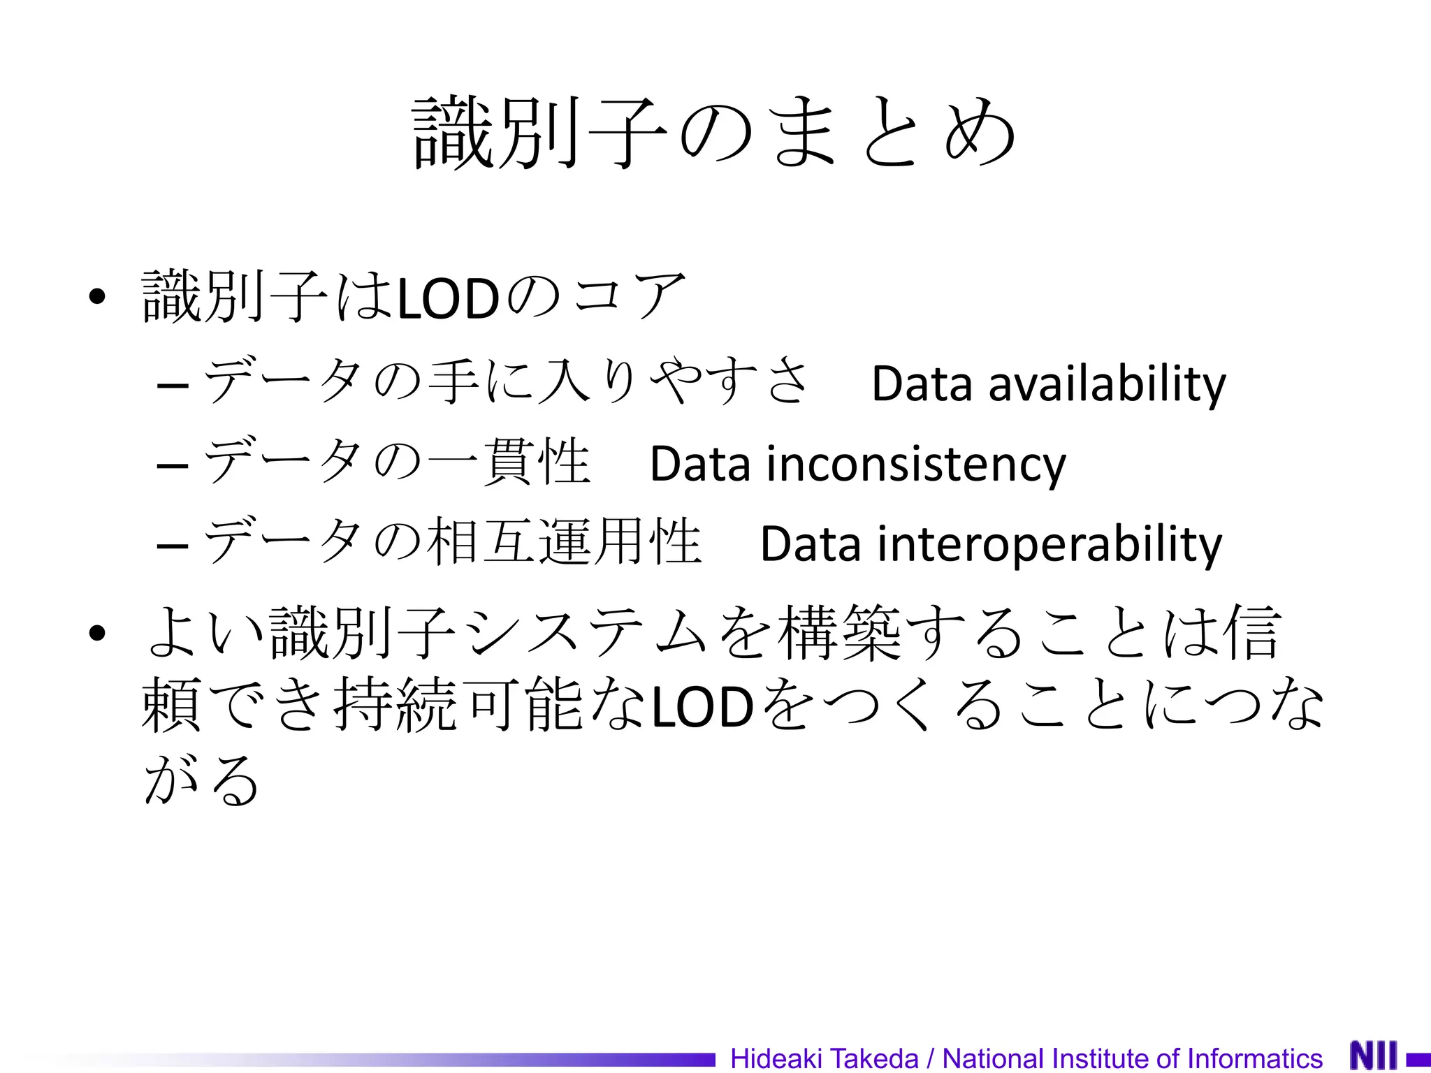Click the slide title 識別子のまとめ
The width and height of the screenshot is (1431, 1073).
pyautogui.click(x=714, y=133)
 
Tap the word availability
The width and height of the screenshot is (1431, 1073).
pyautogui.click(x=1107, y=384)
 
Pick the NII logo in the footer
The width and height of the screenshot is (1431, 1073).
pyautogui.click(x=1374, y=1056)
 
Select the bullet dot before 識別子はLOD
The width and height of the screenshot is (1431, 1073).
pyautogui.click(x=97, y=297)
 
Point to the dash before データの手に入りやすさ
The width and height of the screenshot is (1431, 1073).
pyautogui.click(x=173, y=385)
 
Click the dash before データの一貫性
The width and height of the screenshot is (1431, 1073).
pyautogui.click(x=173, y=465)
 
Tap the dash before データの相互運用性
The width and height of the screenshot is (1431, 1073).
pyautogui.click(x=173, y=546)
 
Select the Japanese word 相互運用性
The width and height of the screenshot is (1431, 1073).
pyautogui.click(x=563, y=541)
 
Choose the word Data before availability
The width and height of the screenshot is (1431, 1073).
pyautogui.click(x=922, y=384)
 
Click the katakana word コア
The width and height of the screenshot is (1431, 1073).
pyautogui.click(x=629, y=296)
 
